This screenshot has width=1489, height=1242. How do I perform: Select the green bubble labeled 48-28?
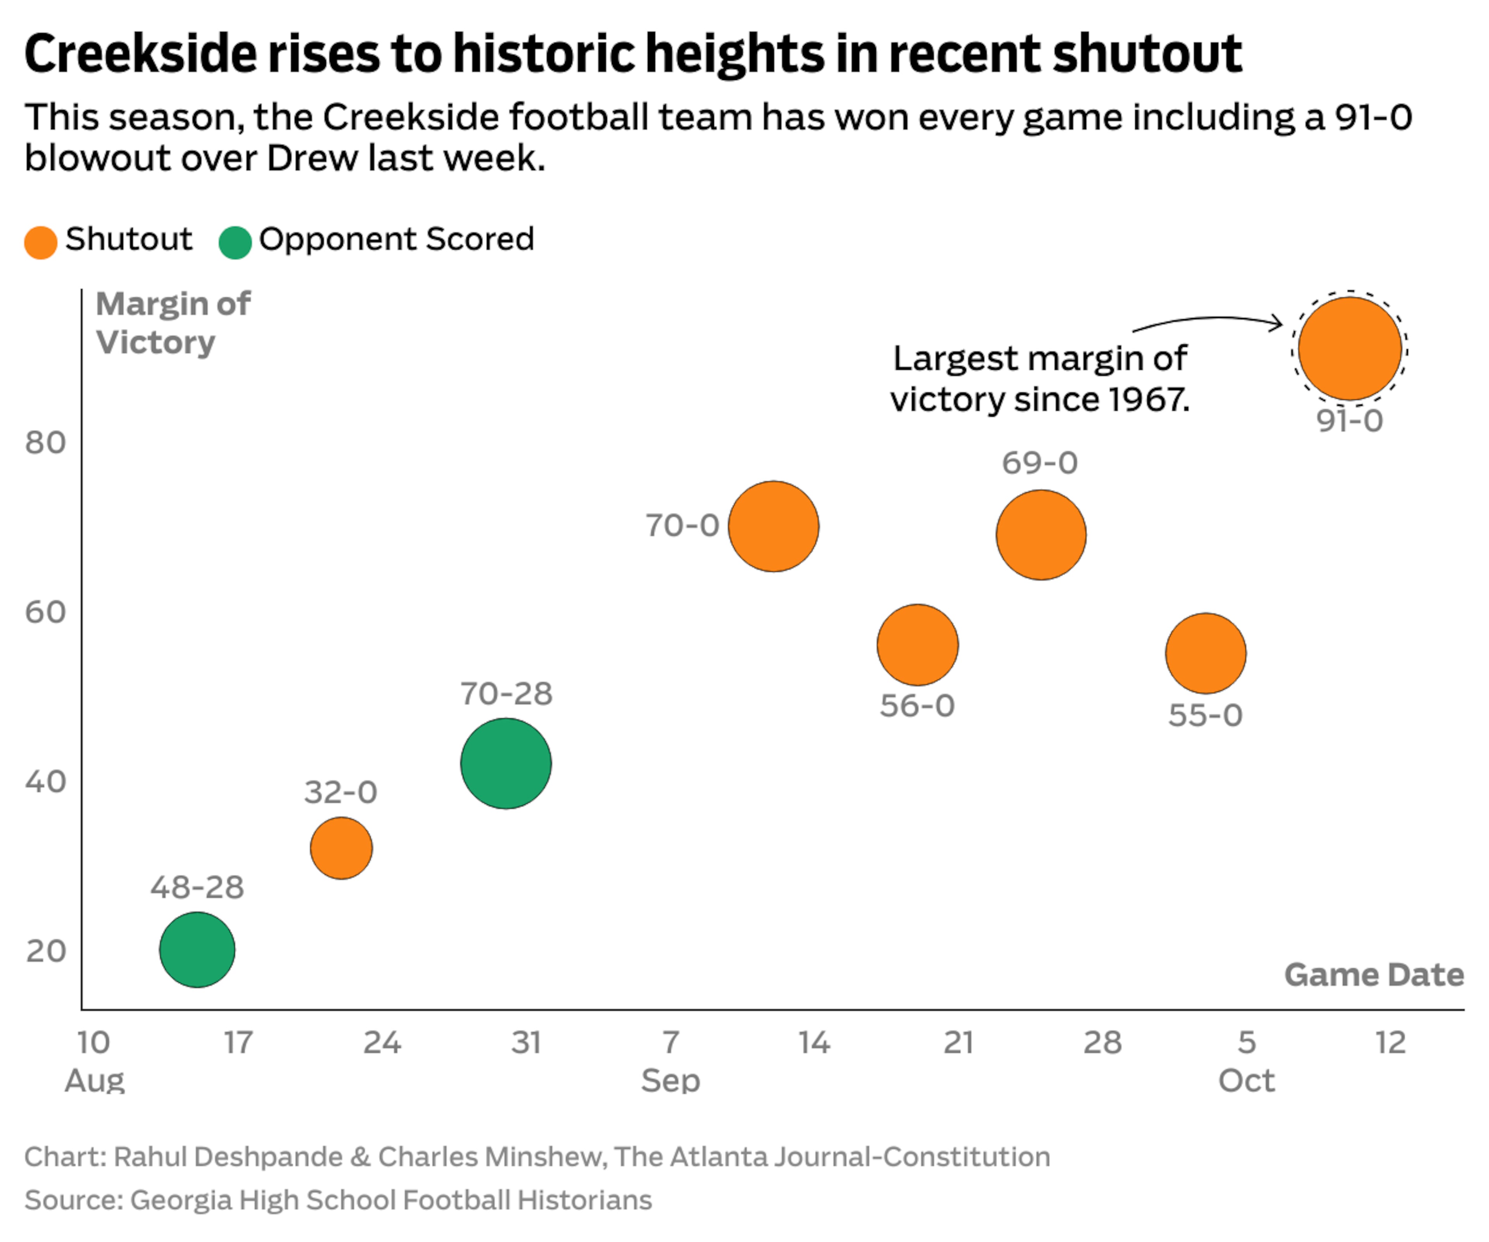tap(197, 949)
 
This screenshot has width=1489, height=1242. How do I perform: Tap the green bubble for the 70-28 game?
tap(506, 763)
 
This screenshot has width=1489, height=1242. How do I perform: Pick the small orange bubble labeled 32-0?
tap(341, 848)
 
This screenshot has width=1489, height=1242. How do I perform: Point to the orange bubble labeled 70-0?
tap(774, 526)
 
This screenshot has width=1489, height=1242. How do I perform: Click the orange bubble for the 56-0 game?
tap(917, 645)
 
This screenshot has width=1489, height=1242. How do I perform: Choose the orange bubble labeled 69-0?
tap(1041, 535)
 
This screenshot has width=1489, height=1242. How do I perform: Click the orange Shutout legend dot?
tap(40, 242)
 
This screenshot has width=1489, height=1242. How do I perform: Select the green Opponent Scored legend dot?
tap(235, 242)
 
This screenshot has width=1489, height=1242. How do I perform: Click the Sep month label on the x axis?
tap(670, 1080)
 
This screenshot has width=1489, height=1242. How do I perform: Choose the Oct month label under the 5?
tap(1246, 1080)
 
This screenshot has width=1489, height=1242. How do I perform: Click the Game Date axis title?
tap(1373, 975)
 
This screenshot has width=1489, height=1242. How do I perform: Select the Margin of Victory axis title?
tap(173, 323)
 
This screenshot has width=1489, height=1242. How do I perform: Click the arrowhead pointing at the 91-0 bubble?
tap(1277, 324)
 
